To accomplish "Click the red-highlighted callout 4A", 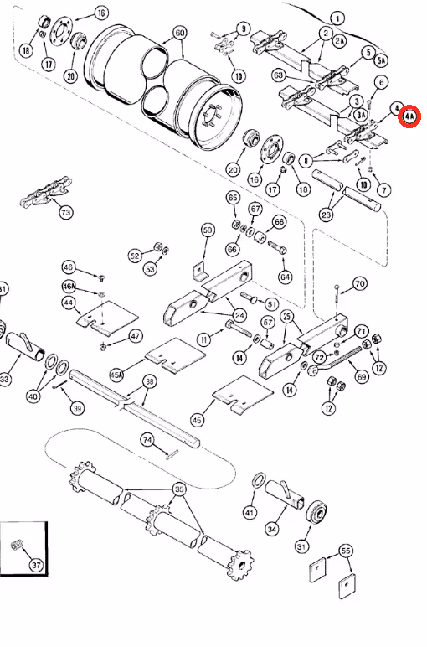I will click(x=409, y=117).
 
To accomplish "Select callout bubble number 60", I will click(x=180, y=34).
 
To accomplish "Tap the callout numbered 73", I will click(x=65, y=212).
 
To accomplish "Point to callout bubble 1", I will click(x=337, y=18).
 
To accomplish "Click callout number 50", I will click(x=208, y=230).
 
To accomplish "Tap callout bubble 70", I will click(x=360, y=283).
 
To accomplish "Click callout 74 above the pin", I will click(x=147, y=439).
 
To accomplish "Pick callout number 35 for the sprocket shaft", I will click(x=178, y=489).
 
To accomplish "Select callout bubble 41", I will click(x=250, y=512).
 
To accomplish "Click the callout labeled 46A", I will click(x=69, y=286).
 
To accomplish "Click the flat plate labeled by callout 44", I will click(x=107, y=318).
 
